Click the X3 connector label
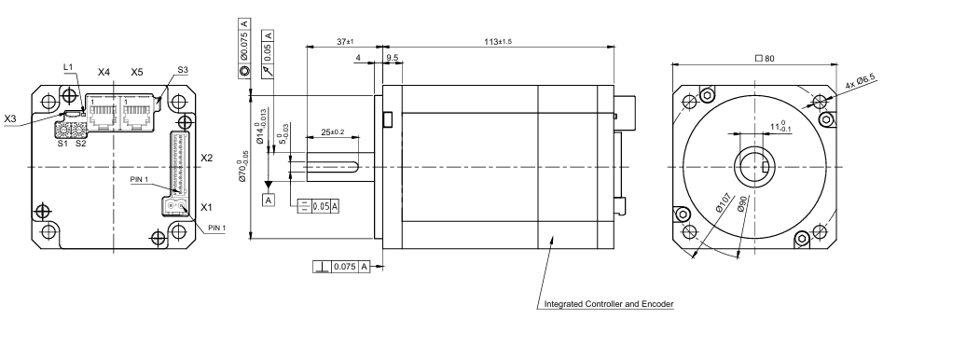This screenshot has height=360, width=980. click(x=10, y=118)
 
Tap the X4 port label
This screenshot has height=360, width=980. click(x=104, y=72)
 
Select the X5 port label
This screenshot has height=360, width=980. click(x=137, y=72)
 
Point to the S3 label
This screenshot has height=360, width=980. click(x=183, y=69)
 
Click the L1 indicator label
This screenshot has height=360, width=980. click(x=68, y=67)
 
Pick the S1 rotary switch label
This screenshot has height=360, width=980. click(x=62, y=144)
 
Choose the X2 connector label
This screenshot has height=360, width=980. click(x=207, y=159)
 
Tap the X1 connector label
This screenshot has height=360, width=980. click(x=207, y=207)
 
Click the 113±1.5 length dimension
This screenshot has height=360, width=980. click(x=498, y=41)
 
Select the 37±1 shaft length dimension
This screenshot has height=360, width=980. click(x=345, y=41)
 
